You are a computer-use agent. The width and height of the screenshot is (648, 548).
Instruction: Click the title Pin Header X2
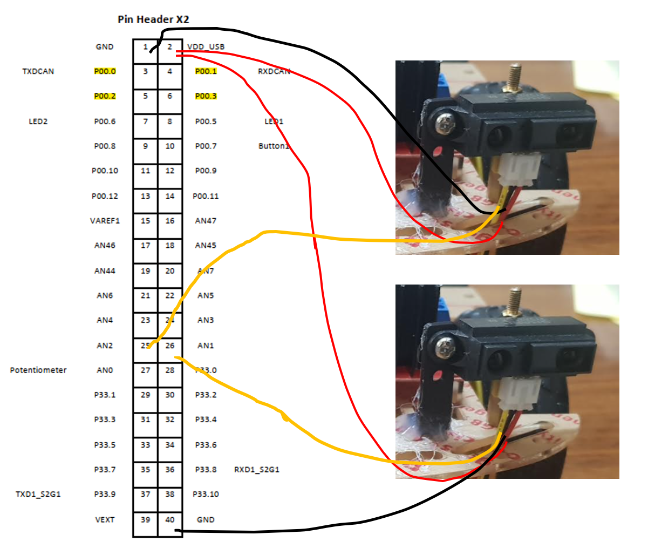pyautogui.click(x=153, y=19)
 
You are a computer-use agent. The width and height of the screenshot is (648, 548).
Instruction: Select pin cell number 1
pyautogui.click(x=145, y=47)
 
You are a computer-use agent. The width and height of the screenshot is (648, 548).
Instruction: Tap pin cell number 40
pyautogui.click(x=170, y=519)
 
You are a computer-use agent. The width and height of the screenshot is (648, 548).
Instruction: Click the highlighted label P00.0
pyautogui.click(x=105, y=71)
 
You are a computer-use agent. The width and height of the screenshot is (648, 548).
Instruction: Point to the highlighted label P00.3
pyautogui.click(x=206, y=96)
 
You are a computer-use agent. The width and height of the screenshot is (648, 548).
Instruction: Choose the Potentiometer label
pyautogui.click(x=38, y=370)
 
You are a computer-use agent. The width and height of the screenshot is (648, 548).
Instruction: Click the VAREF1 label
pyautogui.click(x=105, y=221)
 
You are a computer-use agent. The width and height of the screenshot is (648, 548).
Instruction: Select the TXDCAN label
pyautogui.click(x=38, y=71)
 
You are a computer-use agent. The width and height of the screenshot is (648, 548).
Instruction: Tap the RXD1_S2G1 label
pyautogui.click(x=257, y=470)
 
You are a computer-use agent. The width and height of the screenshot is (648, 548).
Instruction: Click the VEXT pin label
pyautogui.click(x=105, y=519)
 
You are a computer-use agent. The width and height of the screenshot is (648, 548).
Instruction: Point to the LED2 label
pyautogui.click(x=38, y=121)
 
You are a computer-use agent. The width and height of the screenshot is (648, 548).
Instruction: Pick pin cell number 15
pyautogui.click(x=145, y=221)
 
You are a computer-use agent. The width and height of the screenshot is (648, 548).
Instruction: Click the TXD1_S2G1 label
pyautogui.click(x=38, y=494)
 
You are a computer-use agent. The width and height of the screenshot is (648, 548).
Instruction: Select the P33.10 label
pyautogui.click(x=206, y=494)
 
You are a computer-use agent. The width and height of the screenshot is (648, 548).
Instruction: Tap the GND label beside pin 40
pyautogui.click(x=206, y=519)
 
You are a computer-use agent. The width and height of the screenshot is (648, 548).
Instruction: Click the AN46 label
pyautogui.click(x=105, y=246)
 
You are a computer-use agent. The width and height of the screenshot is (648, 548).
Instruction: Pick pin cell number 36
pyautogui.click(x=170, y=470)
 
